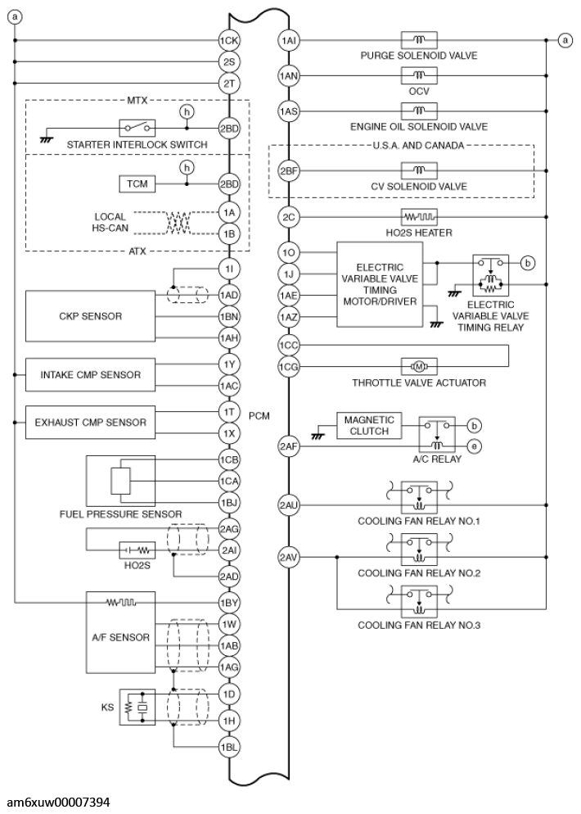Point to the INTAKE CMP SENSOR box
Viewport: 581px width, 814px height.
[x=90, y=375]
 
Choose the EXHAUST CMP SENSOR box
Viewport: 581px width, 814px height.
[x=90, y=423]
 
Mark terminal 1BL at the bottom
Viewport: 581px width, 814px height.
[x=229, y=747]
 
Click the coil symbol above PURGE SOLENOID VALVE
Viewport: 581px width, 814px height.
[x=419, y=40]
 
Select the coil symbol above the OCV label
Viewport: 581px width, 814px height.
[x=419, y=75]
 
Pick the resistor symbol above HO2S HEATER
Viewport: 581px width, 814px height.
[x=419, y=217]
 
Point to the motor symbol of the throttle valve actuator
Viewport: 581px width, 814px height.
[x=419, y=365]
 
